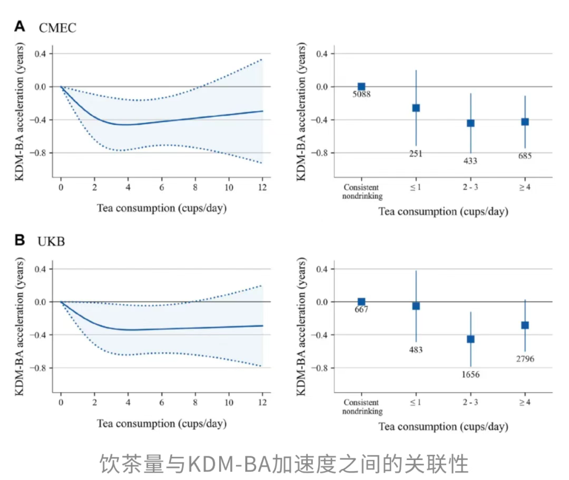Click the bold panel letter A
[19, 26]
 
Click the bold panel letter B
[19, 241]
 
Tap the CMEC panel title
[57, 27]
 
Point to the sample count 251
[416, 154]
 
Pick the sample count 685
[525, 156]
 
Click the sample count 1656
[470, 375]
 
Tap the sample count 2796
[525, 359]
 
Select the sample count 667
[361, 309]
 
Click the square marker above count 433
[470, 123]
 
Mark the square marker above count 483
[416, 306]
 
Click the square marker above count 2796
[525, 325]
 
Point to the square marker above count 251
[416, 108]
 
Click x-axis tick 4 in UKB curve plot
[128, 403]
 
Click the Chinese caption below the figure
[284, 464]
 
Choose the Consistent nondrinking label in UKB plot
[361, 407]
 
